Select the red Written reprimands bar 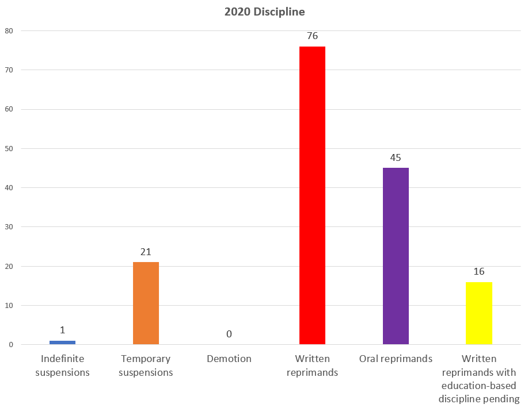point(312,195)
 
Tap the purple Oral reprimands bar point(396,256)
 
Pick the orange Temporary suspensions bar point(146,303)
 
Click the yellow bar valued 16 point(479,313)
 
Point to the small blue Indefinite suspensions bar point(62,342)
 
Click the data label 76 point(312,36)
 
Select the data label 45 point(396,157)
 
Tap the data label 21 point(146,252)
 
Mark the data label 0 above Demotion point(229,334)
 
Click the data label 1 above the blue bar point(62,330)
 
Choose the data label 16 point(479,271)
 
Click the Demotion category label point(229,359)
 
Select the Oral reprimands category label point(396,359)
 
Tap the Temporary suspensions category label point(146,365)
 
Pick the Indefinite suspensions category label point(62,365)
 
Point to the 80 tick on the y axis point(9,30)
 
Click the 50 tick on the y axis point(9,148)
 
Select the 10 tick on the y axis point(9,305)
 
